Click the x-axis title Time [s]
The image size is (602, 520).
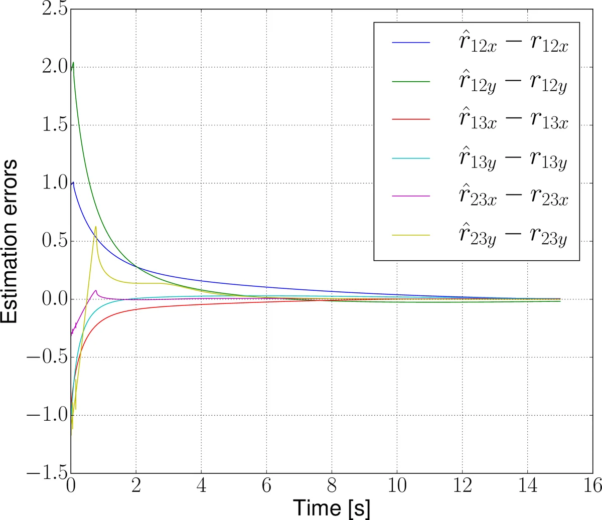coord(332,507)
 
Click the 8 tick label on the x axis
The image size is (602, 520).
coord(332,485)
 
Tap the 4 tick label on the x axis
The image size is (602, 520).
coord(201,485)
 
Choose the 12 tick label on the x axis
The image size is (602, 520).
coord(462,485)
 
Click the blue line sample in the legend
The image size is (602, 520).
coord(411,43)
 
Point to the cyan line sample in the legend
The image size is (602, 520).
coord(411,158)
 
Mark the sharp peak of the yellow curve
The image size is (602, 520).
coord(95,227)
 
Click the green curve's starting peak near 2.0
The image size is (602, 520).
coord(74,63)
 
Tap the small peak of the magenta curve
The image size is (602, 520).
coord(96,290)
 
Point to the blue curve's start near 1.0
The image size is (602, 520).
coord(73,183)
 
